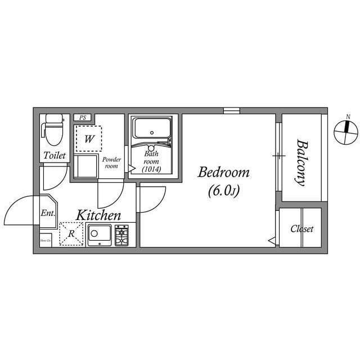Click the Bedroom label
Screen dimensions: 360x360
(x=223, y=173)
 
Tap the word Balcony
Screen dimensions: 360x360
(x=301, y=163)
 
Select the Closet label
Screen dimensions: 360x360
(x=301, y=229)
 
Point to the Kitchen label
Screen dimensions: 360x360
(x=99, y=215)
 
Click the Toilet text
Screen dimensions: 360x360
(x=55, y=155)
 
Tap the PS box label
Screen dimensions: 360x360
(x=82, y=118)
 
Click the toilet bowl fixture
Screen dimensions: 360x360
(x=54, y=130)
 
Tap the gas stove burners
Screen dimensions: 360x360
(x=122, y=235)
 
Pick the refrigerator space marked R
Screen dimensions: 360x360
(x=71, y=234)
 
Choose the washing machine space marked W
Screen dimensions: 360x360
(x=89, y=138)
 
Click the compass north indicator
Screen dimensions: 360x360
(x=346, y=131)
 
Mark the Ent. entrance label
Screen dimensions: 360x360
(x=47, y=213)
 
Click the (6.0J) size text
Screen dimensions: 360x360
(x=223, y=191)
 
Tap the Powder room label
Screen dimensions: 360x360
(x=111, y=163)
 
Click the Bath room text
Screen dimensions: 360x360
(x=151, y=157)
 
